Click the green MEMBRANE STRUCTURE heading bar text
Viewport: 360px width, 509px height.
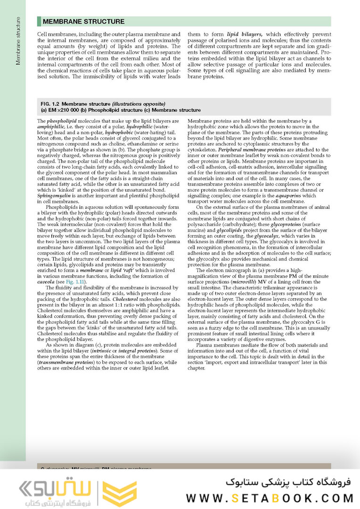[x=83, y=22]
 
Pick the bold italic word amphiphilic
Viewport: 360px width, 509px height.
[x=52, y=127]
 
